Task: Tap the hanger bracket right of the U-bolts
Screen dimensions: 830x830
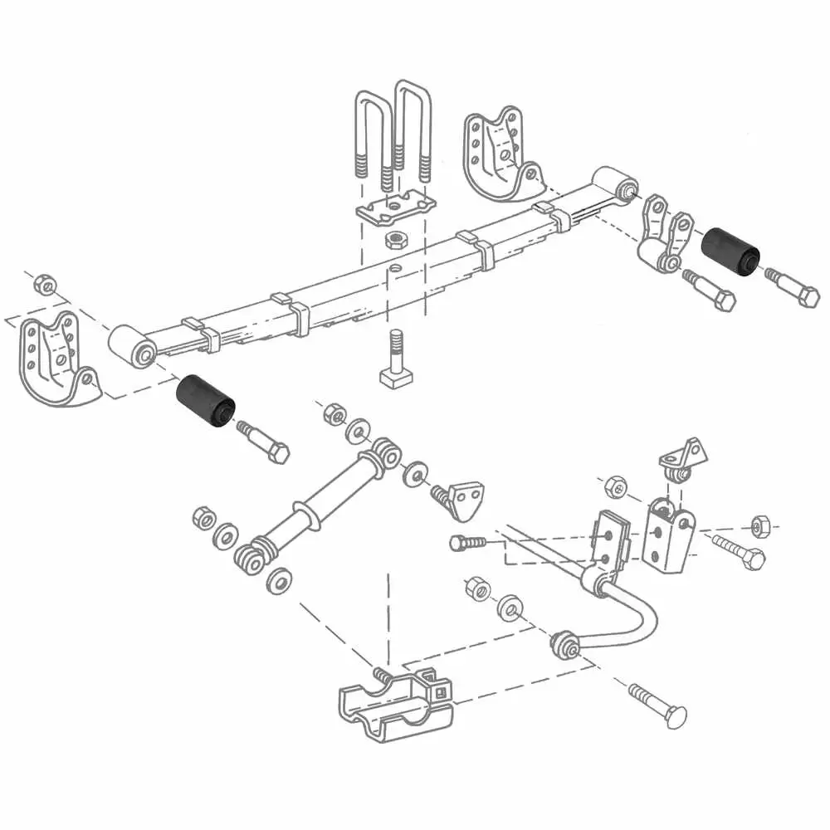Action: coord(498,154)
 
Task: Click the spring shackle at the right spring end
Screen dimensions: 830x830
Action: coord(664,237)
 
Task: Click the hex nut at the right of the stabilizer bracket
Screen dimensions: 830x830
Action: coord(759,525)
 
